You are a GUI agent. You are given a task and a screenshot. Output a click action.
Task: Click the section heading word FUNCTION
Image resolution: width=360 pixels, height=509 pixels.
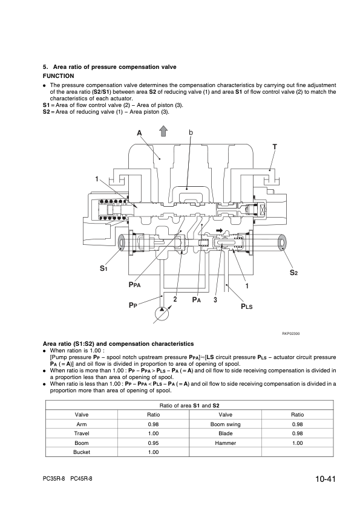59,76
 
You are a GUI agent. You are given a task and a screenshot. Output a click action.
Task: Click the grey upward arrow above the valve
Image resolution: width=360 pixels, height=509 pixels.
163,132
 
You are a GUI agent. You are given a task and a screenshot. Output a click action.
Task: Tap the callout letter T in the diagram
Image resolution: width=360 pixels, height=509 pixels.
275,147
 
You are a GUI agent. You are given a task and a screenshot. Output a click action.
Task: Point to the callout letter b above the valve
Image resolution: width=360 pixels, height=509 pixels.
191,132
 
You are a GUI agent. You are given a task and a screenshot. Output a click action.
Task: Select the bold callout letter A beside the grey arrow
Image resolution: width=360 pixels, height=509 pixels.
139,133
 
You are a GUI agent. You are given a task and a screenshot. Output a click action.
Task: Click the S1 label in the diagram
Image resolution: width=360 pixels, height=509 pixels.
103,268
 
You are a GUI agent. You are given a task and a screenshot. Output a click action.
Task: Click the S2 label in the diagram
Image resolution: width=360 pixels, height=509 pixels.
293,273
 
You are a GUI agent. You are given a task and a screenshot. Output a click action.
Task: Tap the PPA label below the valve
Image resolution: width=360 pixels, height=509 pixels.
134,285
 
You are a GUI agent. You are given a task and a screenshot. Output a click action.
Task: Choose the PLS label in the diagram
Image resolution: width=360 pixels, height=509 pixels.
247,306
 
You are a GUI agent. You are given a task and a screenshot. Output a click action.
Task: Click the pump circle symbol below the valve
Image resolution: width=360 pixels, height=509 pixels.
162,314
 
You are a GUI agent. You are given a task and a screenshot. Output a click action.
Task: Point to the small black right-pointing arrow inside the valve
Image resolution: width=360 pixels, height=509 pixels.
220,230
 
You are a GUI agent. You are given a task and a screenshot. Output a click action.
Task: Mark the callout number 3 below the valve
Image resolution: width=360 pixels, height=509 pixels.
215,300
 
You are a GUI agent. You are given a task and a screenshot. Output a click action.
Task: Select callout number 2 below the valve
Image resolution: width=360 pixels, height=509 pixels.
175,299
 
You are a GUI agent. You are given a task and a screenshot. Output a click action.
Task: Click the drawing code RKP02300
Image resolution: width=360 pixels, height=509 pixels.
291,333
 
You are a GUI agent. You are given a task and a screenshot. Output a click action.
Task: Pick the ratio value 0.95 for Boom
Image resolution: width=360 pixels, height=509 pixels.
153,443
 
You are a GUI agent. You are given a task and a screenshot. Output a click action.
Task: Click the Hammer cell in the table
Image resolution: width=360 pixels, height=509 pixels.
226,443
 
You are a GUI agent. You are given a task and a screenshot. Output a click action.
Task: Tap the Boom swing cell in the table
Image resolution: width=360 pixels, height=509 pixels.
226,424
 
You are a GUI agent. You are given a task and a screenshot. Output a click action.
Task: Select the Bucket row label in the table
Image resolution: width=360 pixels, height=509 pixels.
82,452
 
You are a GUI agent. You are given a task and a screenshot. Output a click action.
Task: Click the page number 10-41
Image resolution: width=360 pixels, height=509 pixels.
325,479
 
